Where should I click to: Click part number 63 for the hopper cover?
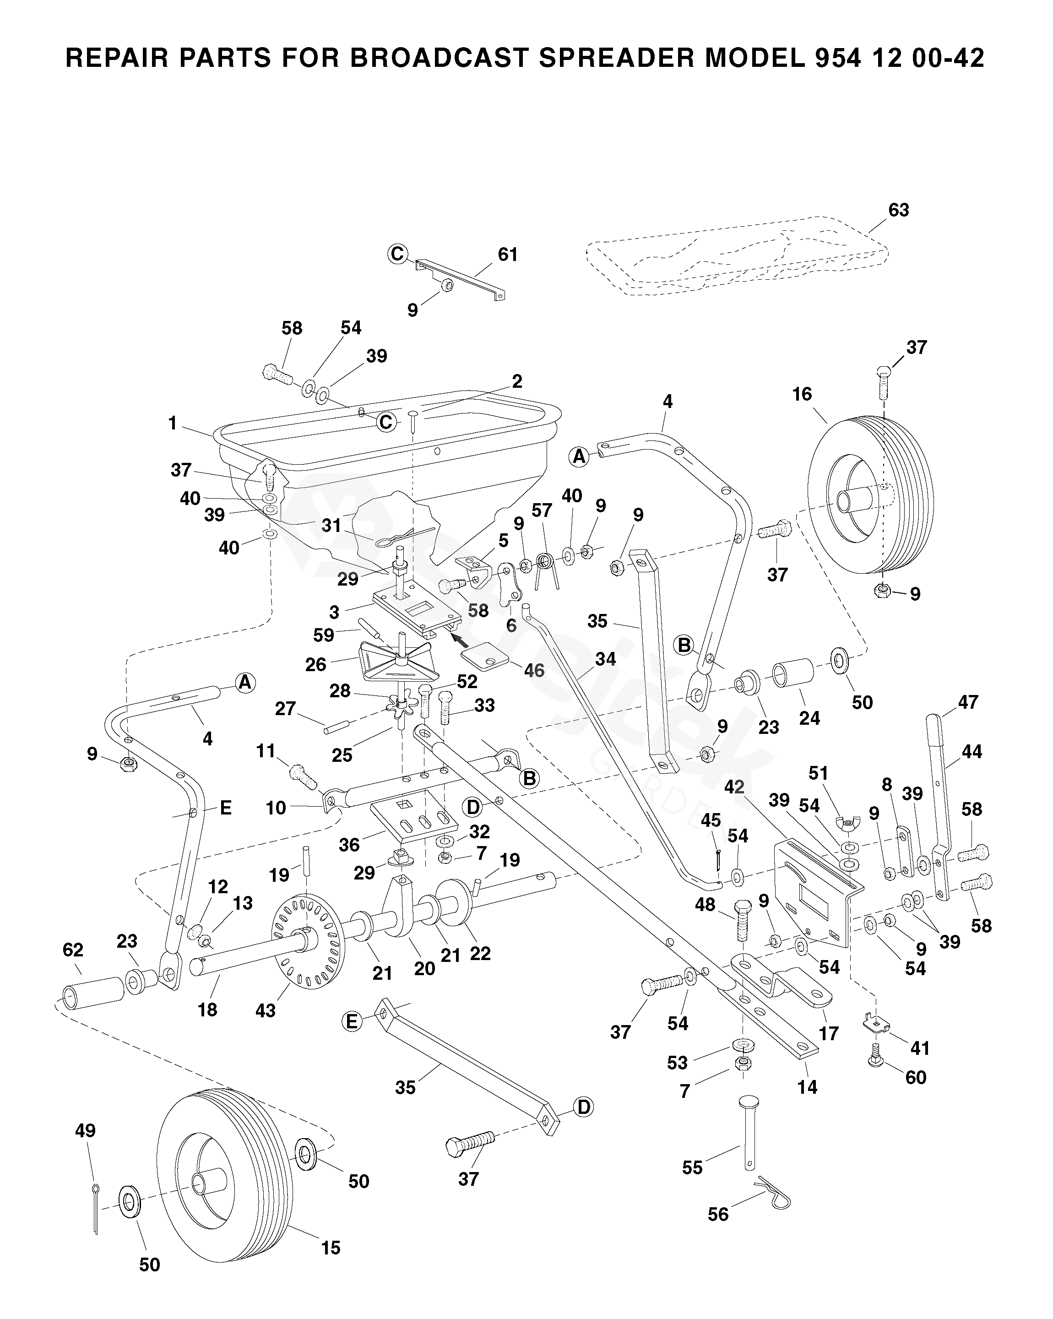pyautogui.click(x=898, y=211)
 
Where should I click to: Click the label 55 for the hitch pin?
pyautogui.click(x=692, y=1168)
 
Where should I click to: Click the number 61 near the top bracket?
pyautogui.click(x=507, y=255)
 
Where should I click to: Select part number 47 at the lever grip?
pyautogui.click(x=968, y=702)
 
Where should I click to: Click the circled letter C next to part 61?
pyautogui.click(x=398, y=253)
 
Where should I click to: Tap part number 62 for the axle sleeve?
pyautogui.click(x=73, y=950)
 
